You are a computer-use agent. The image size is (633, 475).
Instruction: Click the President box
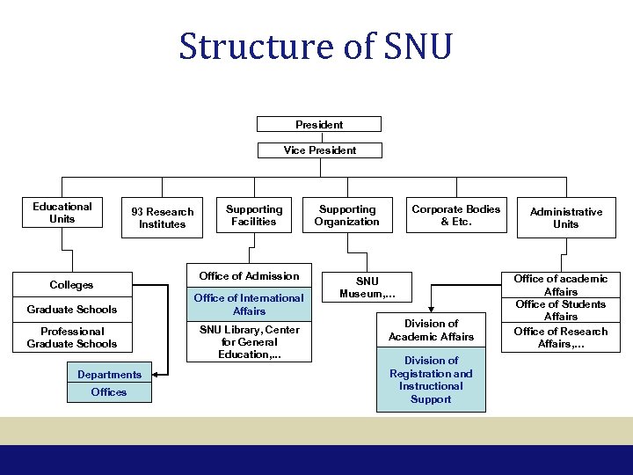(319, 124)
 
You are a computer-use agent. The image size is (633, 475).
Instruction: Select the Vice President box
(319, 150)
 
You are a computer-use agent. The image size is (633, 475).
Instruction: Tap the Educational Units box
(62, 213)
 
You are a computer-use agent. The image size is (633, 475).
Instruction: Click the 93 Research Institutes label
(163, 218)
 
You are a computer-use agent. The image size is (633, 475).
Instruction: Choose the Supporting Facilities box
(254, 216)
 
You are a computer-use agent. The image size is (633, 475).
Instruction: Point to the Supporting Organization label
(347, 216)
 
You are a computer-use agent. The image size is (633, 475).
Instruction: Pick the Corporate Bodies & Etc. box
(456, 216)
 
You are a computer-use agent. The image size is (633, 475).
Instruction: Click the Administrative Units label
(565, 218)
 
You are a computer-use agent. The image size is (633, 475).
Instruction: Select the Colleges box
(72, 285)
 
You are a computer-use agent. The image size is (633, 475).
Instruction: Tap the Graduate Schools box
(72, 310)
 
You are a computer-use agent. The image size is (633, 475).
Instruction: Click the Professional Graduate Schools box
(72, 338)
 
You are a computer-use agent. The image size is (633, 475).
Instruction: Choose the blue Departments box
(109, 375)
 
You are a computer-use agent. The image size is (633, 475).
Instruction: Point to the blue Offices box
(109, 392)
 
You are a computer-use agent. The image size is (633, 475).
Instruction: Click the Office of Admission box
(249, 276)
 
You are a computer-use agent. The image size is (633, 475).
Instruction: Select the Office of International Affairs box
(249, 304)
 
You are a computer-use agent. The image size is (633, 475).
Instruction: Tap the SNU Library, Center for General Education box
(249, 342)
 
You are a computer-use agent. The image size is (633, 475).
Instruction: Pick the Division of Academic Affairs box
(431, 330)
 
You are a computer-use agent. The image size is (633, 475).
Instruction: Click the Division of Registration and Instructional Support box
(431, 380)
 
